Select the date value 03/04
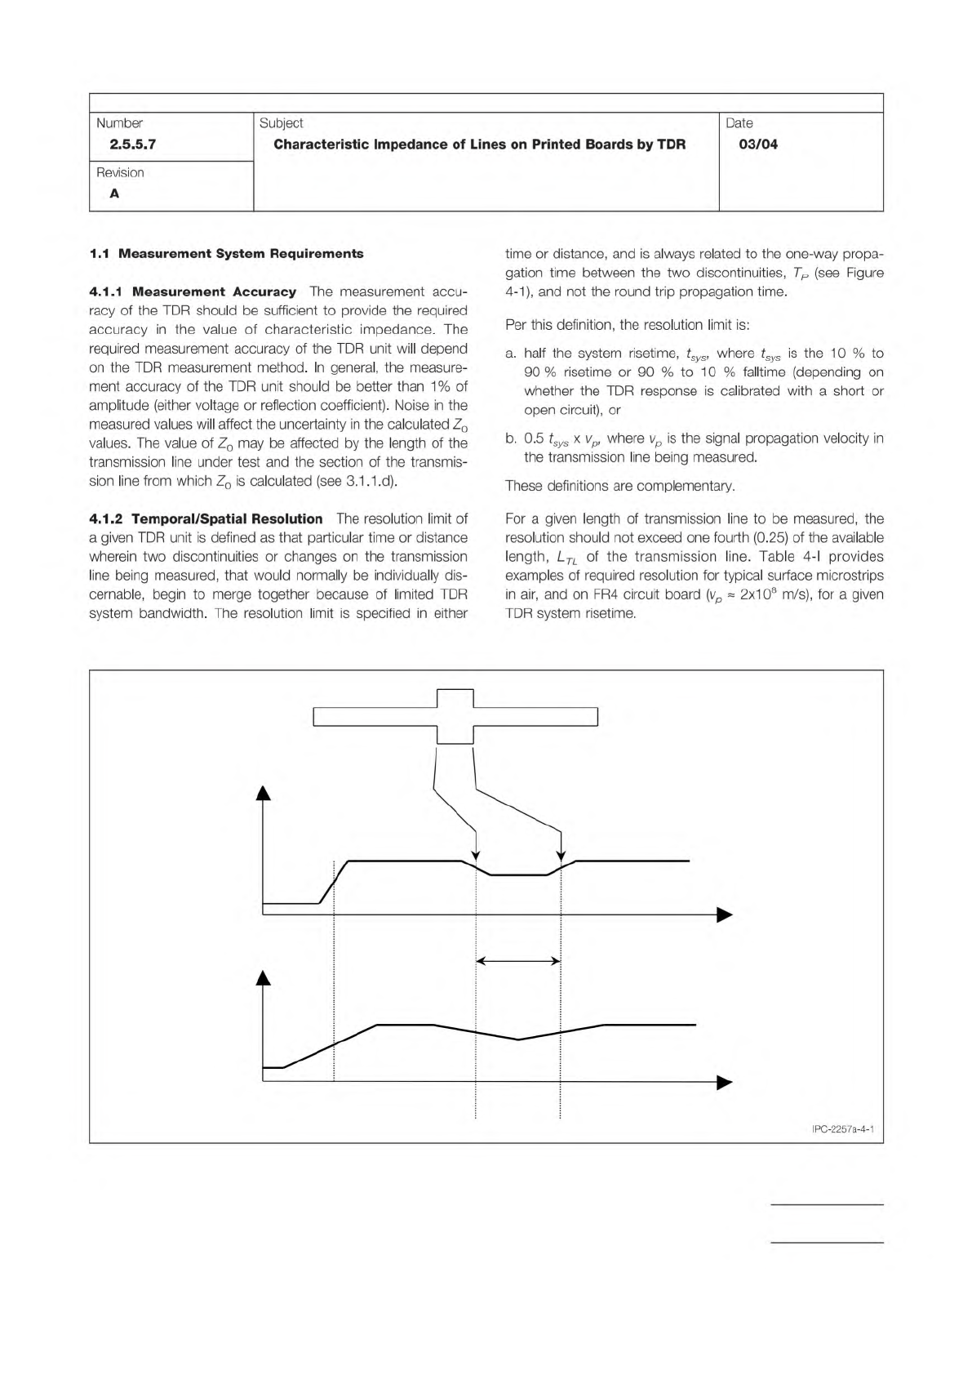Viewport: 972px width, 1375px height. coord(757,145)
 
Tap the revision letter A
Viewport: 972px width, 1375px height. coord(114,194)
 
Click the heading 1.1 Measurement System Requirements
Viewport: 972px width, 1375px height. coord(226,253)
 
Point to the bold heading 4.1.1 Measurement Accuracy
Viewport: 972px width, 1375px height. coord(193,291)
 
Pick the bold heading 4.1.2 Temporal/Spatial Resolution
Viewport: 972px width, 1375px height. coord(206,518)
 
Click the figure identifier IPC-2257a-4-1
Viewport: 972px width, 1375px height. coord(843,1130)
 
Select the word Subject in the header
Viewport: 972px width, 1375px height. coord(281,123)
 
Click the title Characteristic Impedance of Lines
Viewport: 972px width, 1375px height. coord(479,145)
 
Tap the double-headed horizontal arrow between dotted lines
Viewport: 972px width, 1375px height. coord(517,961)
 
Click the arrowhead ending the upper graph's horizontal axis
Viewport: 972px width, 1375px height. coord(725,914)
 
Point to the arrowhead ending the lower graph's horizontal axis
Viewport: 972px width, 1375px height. coord(725,1083)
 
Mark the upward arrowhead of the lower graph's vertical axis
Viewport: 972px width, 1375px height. coord(263,977)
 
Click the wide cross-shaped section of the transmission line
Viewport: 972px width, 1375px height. coord(455,716)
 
